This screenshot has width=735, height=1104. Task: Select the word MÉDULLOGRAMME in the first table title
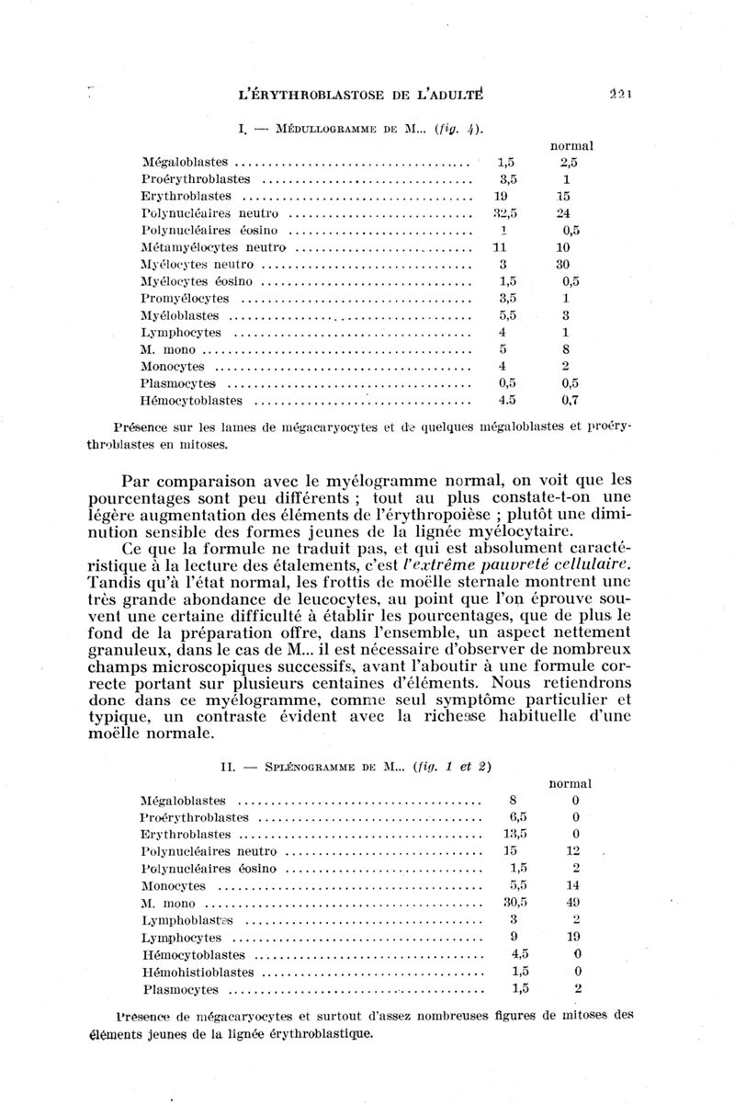pyautogui.click(x=309, y=124)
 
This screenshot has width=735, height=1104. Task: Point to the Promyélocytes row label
pyautogui.click(x=185, y=299)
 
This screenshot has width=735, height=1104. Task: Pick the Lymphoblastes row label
pyautogui.click(x=187, y=920)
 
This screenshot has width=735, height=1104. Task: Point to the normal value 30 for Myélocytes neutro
pyautogui.click(x=565, y=265)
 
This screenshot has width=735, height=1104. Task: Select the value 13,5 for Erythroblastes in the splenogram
pyautogui.click(x=516, y=834)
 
